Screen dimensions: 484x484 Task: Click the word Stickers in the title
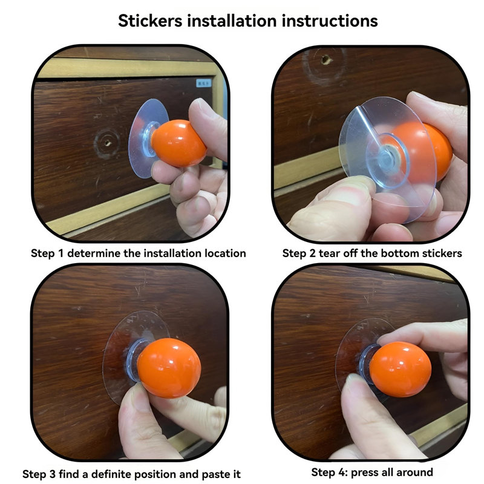(x=150, y=21)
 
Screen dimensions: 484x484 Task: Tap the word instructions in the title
(x=330, y=21)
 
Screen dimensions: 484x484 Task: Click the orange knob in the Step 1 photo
(x=178, y=143)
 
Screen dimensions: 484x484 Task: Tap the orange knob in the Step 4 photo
(x=400, y=370)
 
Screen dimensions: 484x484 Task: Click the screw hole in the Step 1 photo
(x=107, y=143)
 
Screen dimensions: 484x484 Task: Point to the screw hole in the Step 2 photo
(x=325, y=59)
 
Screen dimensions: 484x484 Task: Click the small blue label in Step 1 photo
(x=204, y=83)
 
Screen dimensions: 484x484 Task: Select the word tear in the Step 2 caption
(x=329, y=253)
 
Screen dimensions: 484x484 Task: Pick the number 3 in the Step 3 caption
(x=52, y=474)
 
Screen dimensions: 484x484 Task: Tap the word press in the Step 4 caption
(x=365, y=473)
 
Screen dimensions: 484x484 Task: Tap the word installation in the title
(x=232, y=21)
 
